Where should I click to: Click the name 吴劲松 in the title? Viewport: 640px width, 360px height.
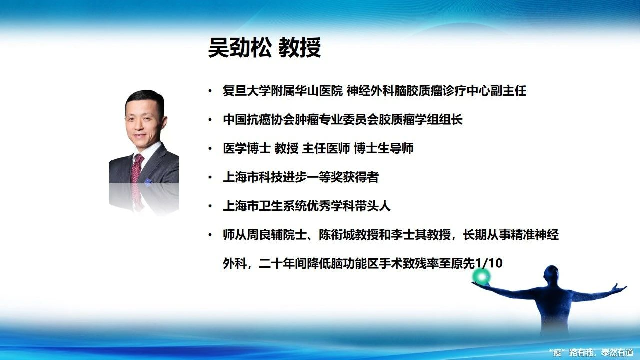tap(240, 47)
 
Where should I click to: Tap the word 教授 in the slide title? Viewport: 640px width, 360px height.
tap(299, 47)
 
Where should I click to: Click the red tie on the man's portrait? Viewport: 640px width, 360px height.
tap(137, 169)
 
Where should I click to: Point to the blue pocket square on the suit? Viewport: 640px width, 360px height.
tap(148, 182)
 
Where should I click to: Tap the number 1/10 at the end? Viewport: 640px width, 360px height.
tap(488, 263)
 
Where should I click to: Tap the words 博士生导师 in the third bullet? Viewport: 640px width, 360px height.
tap(383, 148)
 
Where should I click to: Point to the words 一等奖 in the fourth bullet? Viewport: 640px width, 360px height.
tap(325, 177)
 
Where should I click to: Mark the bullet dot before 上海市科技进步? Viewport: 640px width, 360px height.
tap(210, 177)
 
